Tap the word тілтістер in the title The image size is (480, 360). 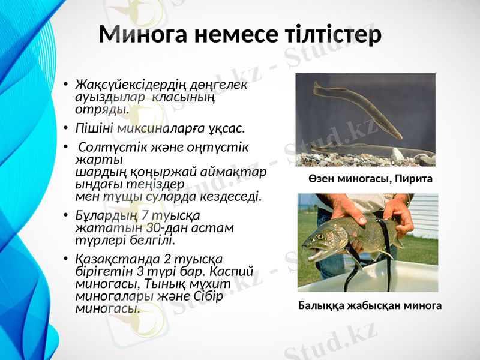click(332, 35)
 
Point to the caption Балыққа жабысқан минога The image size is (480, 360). click(370, 305)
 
